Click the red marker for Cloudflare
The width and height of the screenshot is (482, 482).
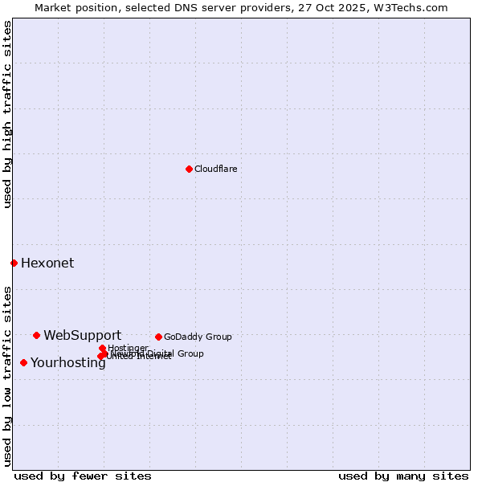189,169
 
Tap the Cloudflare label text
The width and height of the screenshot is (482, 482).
215,169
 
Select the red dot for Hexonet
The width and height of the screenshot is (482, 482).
14,263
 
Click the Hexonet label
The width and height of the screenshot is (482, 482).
47,263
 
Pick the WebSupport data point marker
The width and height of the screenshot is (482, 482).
36,335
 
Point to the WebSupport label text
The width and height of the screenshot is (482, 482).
82,335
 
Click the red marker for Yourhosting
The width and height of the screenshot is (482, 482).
23,362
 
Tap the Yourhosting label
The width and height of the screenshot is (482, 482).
68,362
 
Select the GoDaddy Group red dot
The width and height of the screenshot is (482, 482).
158,337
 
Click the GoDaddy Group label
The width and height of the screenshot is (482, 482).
198,337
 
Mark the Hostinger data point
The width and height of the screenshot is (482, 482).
102,348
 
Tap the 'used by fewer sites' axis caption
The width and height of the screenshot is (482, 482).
83,476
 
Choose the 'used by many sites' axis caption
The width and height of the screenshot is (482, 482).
403,476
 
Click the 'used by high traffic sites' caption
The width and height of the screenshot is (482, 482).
7,114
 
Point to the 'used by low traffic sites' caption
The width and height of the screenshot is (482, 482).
7,375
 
